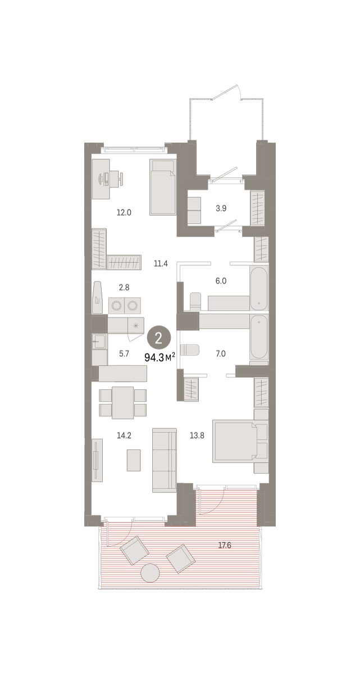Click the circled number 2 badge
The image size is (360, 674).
pos(158,339)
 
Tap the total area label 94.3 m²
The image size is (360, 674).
pos(160,357)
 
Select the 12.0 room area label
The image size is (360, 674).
pos(124,213)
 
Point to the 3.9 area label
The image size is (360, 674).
pos(221,208)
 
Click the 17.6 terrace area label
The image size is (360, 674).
pos(225,545)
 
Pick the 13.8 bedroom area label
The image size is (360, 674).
pos(197,435)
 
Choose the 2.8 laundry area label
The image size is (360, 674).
pos(124,288)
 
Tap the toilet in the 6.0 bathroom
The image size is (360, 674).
pos(195,301)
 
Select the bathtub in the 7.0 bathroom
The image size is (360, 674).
pos(259,336)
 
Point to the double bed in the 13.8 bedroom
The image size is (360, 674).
pos(235,441)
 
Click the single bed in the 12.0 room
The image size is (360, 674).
pos(162,187)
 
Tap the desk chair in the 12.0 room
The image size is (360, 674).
pos(120,179)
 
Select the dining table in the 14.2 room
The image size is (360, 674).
pos(122,403)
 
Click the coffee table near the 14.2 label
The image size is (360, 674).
pos(134,460)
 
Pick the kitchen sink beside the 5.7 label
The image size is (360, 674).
pos(99,341)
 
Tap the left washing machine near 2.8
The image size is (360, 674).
pos(116,306)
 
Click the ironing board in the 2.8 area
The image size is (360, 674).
pos(97,297)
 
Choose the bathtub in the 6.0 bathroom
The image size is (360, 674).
pos(259,288)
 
